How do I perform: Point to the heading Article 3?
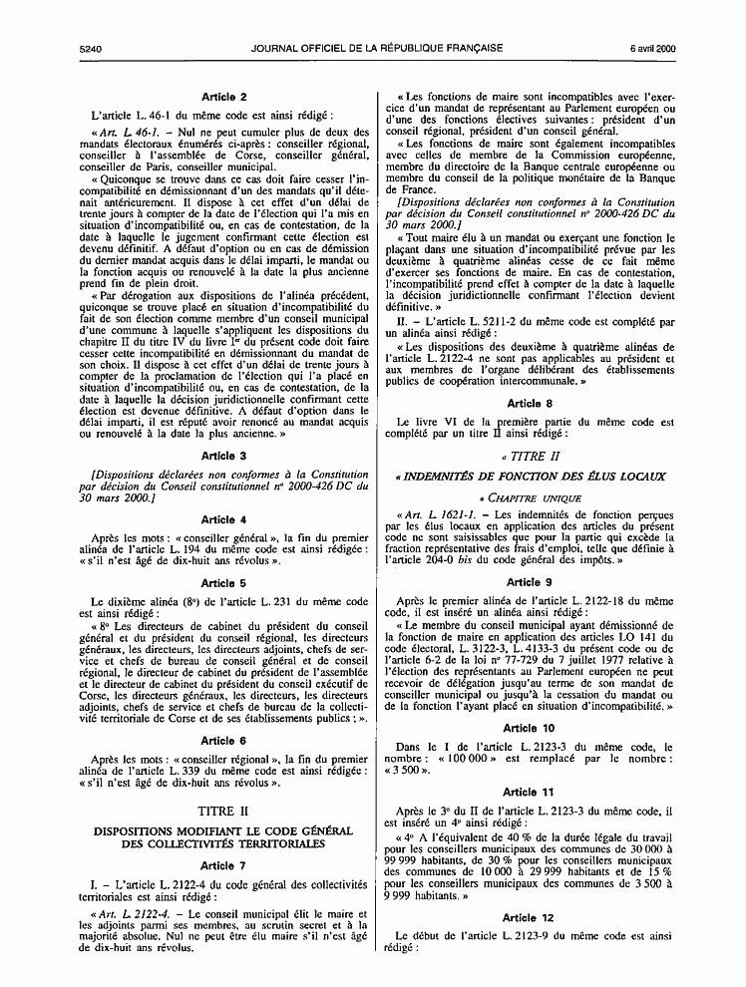tap(224, 456)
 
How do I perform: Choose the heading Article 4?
tap(224, 519)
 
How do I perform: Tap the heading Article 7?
tap(224, 865)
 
